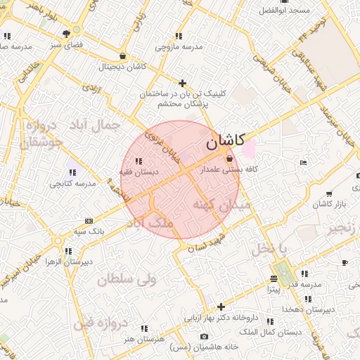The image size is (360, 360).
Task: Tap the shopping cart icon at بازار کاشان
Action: tap(329, 193)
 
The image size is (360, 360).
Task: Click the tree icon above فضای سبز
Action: tap(66, 33)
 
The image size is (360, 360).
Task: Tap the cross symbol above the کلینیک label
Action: tap(183, 83)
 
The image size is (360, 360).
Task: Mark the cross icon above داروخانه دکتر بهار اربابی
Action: tap(221, 307)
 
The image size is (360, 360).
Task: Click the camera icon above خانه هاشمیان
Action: tap(204, 336)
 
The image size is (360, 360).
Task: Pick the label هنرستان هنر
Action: tap(143, 339)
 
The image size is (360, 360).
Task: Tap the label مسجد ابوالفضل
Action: tap(284, 11)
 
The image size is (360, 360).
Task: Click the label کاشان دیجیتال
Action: tap(122, 66)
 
